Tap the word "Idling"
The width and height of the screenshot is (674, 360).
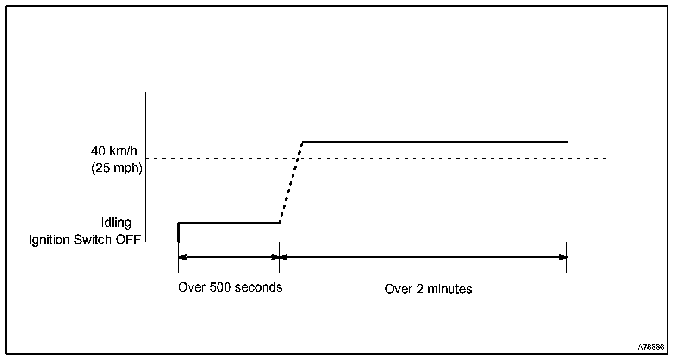(x=116, y=223)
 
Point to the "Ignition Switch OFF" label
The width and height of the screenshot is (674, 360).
(x=84, y=240)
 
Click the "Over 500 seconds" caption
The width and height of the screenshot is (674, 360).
(x=230, y=287)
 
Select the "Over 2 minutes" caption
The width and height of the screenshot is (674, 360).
(x=428, y=289)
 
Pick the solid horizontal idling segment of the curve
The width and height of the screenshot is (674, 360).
(x=229, y=223)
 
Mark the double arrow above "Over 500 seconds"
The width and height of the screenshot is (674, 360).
(x=229, y=257)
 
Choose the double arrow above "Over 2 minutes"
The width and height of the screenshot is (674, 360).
(x=423, y=257)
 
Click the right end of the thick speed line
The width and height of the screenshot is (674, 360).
(x=567, y=142)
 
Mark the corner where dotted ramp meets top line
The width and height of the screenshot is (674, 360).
(x=302, y=142)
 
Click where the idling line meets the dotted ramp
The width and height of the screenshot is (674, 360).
(x=280, y=223)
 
